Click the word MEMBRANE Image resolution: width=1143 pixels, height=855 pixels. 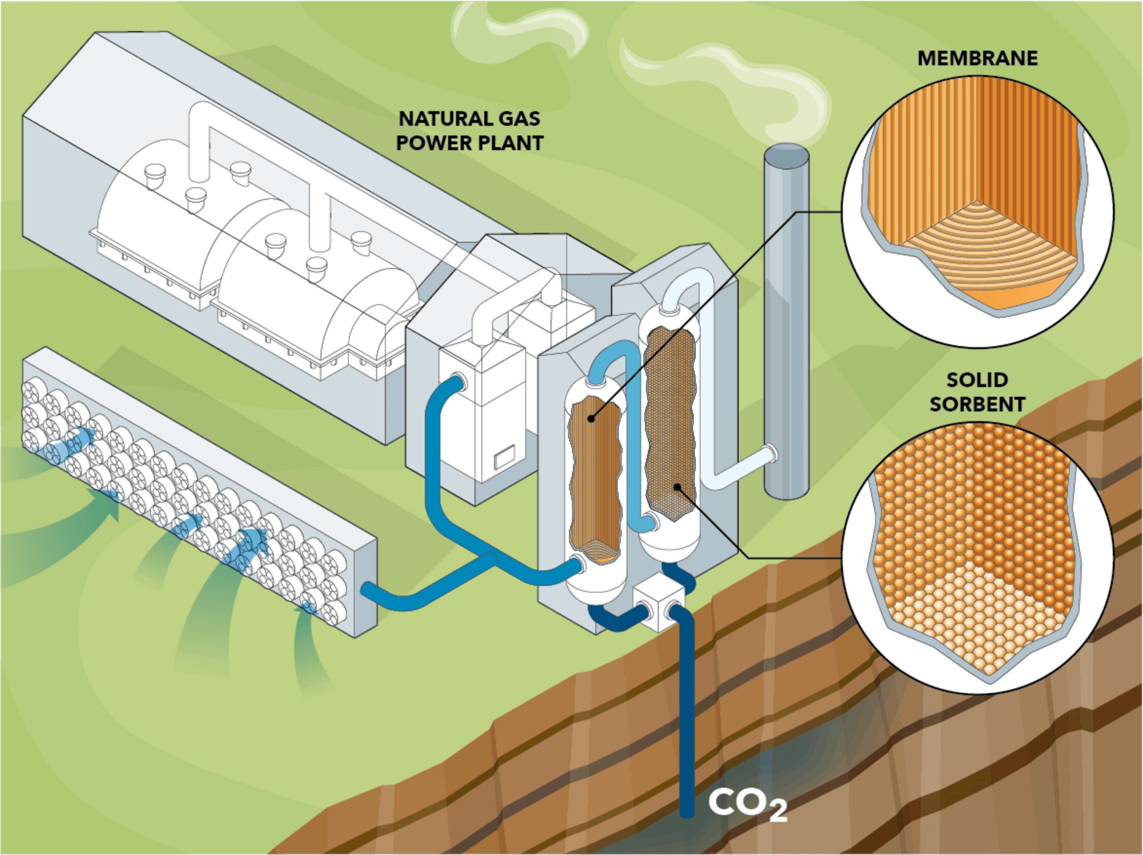977,58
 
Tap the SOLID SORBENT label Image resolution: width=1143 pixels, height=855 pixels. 977,392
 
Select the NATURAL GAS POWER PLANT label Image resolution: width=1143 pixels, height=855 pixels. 469,131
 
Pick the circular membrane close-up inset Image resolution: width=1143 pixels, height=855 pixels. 977,212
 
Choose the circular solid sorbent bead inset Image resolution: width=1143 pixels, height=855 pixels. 977,558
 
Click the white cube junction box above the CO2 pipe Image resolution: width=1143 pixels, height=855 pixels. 657,602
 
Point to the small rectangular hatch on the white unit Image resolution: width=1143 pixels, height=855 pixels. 505,457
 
